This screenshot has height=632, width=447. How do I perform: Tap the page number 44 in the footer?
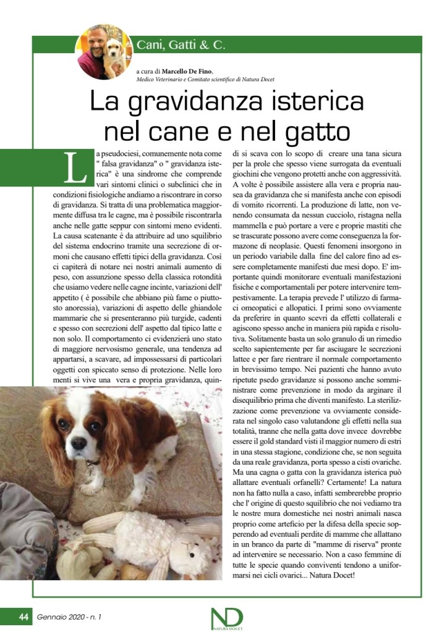point(23,617)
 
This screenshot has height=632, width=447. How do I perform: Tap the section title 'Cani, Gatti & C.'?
point(181,45)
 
